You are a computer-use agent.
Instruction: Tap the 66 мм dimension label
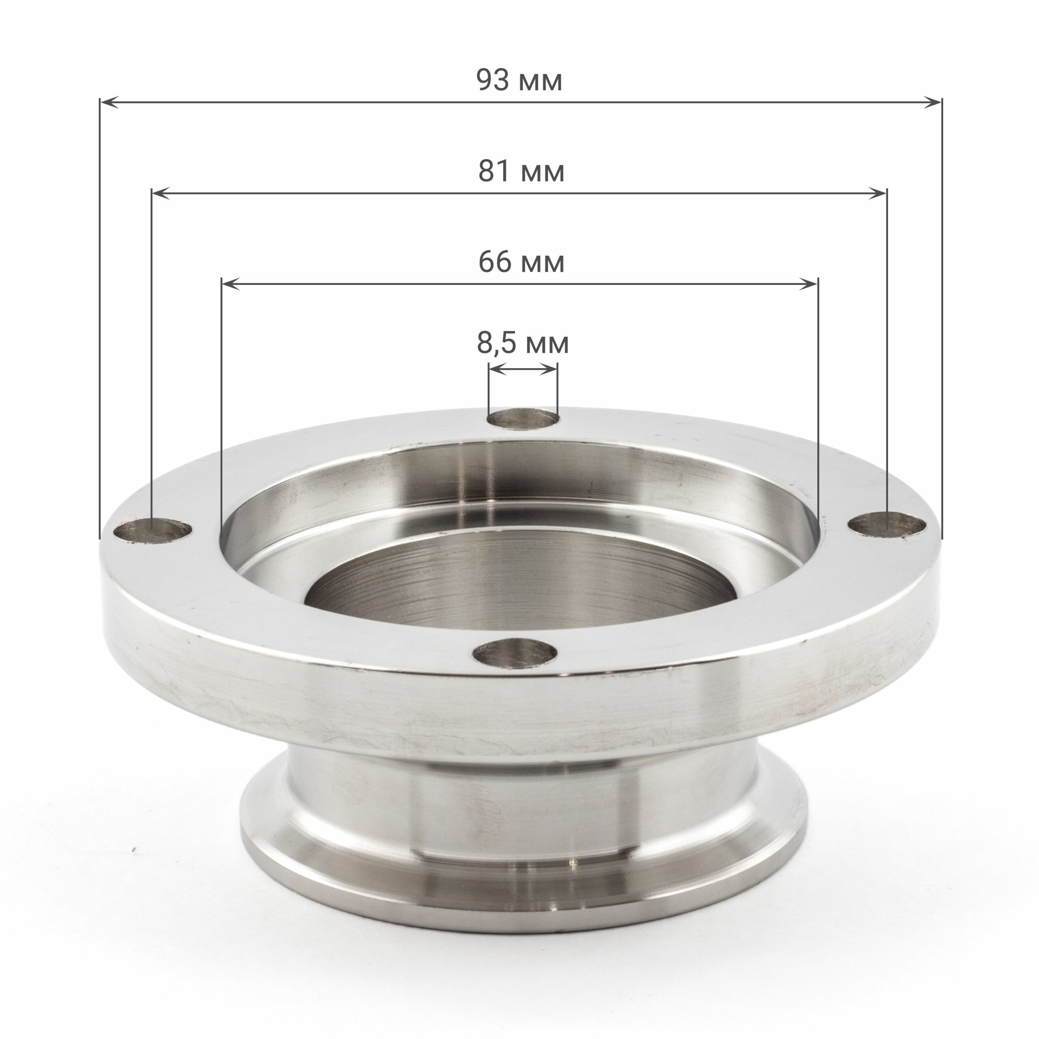pos(521,262)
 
